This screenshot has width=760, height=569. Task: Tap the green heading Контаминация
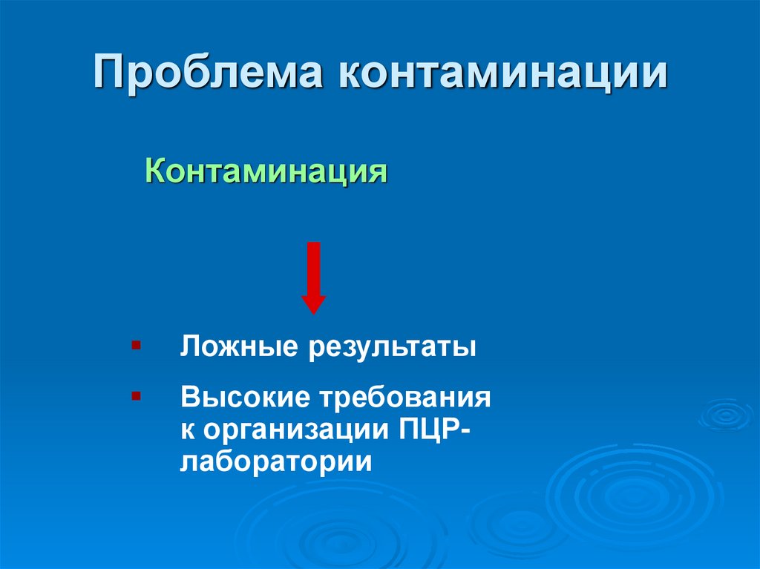click(x=266, y=173)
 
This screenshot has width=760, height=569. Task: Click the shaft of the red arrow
click(x=313, y=267)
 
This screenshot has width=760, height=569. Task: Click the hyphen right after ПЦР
click(x=464, y=430)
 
